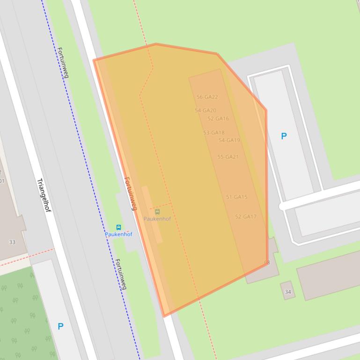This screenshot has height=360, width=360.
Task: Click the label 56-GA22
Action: point(207,97)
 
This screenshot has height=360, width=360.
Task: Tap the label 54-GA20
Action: point(206,111)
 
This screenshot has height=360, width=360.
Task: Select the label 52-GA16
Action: point(218,119)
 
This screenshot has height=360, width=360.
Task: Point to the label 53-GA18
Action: point(213,133)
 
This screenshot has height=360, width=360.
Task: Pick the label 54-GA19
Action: point(229,140)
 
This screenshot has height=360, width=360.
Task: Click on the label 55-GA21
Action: point(228,157)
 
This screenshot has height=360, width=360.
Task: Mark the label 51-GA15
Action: point(236,197)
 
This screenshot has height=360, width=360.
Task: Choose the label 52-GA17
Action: point(245,217)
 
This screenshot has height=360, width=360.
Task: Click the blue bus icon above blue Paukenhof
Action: point(118,228)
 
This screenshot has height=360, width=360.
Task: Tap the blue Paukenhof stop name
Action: point(118,234)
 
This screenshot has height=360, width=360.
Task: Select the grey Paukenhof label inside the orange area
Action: point(157,219)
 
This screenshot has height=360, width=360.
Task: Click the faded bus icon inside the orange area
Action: point(157,212)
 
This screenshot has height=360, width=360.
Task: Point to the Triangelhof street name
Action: point(43,195)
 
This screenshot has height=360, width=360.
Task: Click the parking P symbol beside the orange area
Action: point(284,136)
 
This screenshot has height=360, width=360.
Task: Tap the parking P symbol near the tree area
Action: point(60,326)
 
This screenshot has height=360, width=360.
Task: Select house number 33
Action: point(12,242)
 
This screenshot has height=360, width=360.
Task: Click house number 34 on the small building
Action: point(287,292)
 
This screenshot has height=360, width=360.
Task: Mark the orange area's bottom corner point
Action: point(164,316)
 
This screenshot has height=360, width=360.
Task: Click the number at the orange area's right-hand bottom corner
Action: point(267,263)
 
